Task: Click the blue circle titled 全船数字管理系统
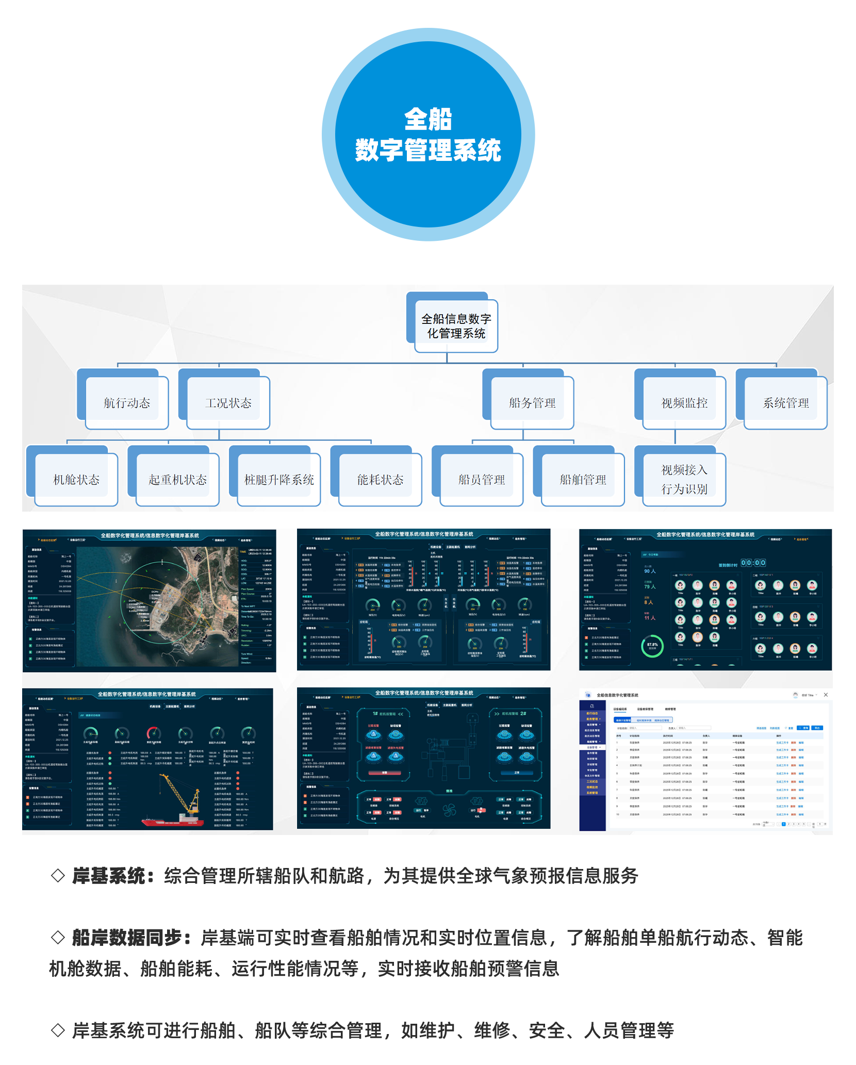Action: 428,135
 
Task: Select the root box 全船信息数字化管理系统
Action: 456,326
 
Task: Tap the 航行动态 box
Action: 127,403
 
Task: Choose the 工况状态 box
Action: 228,403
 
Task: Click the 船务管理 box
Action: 532,403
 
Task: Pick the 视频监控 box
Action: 684,403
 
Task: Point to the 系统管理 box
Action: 785,403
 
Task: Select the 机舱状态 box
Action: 76,480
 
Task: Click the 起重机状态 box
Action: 177,480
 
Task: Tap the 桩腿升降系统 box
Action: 279,480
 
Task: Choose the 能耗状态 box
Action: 380,480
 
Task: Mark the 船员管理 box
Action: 482,480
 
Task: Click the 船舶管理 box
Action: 583,480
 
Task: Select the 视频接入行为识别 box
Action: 684,480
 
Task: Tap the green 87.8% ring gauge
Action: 652,646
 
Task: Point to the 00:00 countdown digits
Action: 753,563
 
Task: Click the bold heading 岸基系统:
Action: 113,876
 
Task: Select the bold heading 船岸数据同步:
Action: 131,938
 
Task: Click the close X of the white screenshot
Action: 826,695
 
